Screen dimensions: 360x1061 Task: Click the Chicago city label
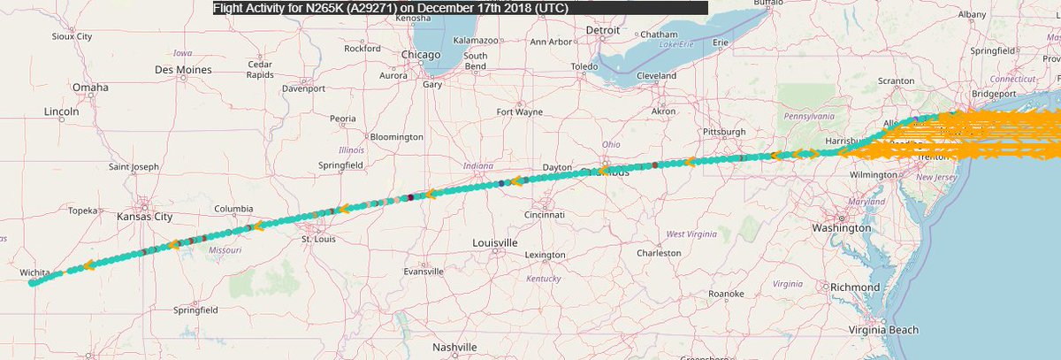coord(420,55)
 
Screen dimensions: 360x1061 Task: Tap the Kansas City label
coord(147,215)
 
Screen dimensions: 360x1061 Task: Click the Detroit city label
coord(603,30)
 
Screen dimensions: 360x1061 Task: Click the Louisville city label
coord(494,242)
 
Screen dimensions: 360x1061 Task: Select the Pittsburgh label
coord(725,132)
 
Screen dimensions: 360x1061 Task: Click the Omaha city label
coord(90,88)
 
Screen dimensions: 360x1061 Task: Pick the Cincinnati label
coord(543,214)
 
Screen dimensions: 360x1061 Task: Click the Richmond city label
coord(855,287)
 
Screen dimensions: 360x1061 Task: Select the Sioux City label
coord(73,37)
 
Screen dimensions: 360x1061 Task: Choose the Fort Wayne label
coord(519,112)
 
